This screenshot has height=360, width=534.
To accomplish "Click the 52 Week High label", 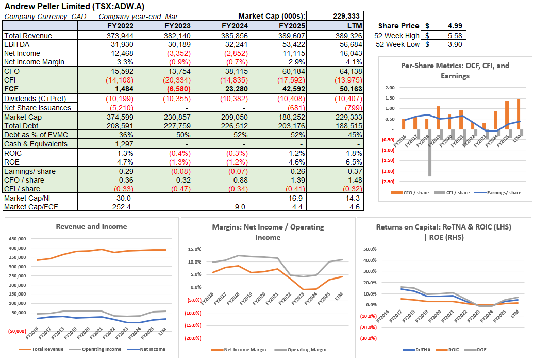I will pos(397,35).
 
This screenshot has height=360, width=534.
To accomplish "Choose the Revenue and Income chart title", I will pos(91,226).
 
